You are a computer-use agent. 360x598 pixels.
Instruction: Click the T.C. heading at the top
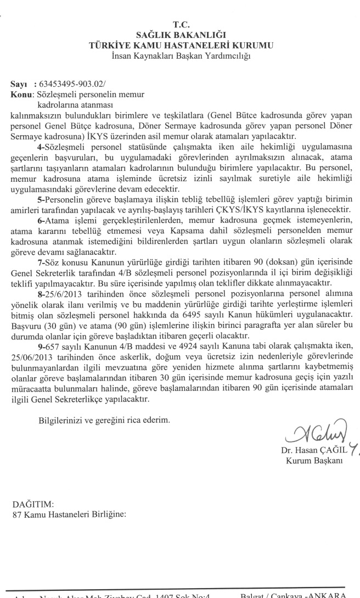click(181, 25)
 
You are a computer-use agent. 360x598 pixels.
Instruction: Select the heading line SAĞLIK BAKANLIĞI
click(181, 35)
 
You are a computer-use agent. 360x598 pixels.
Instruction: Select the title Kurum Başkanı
click(314, 460)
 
